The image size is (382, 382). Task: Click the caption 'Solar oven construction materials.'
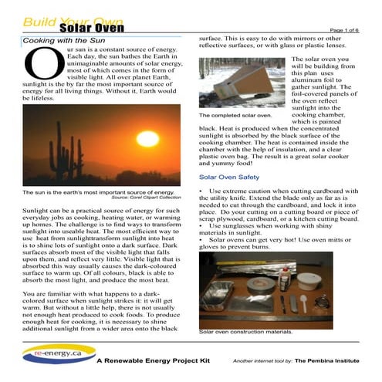pyautogui.click(x=245, y=333)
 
